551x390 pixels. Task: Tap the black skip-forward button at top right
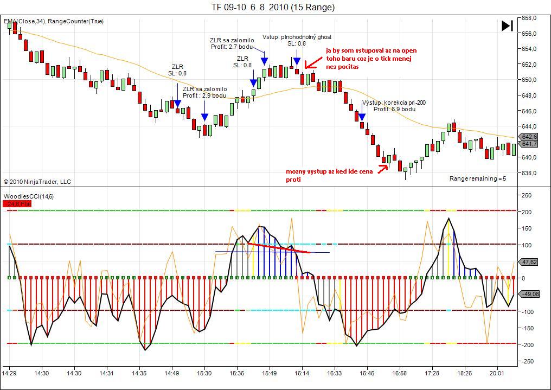[507, 25]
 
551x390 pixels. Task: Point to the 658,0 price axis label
[529, 18]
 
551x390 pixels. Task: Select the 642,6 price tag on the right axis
[529, 137]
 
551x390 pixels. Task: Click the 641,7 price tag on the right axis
[529, 144]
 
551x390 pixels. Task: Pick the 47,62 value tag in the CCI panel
[529, 262]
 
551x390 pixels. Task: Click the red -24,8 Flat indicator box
[17, 204]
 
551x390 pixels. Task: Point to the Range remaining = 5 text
[477, 178]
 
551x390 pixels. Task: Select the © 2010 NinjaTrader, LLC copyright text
[37, 182]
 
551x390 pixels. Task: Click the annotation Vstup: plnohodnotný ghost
[297, 37]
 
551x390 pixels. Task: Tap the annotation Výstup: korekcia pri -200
[393, 102]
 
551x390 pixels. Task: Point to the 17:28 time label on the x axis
[432, 373]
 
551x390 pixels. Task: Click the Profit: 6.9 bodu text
[394, 109]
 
